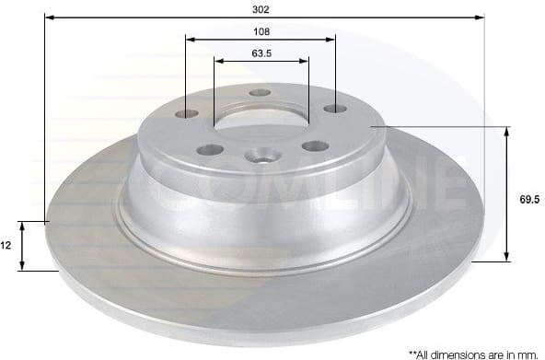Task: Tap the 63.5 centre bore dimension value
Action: (x=261, y=52)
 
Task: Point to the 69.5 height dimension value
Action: (x=527, y=197)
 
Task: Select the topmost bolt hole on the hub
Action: (x=261, y=93)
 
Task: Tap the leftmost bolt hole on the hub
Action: (x=187, y=113)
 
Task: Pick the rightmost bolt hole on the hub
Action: (x=333, y=110)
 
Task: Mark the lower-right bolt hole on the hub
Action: (x=316, y=145)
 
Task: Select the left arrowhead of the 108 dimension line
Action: (x=191, y=40)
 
